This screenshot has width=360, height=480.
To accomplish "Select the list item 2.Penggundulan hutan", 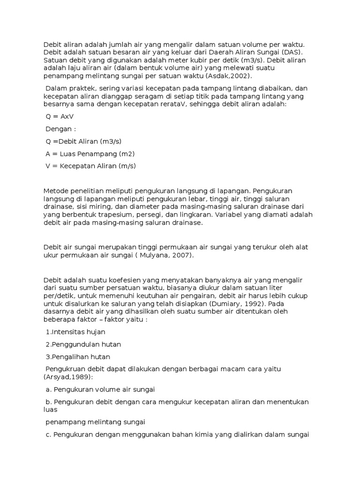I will click(x=83, y=344).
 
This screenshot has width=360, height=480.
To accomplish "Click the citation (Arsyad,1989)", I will click(x=67, y=377).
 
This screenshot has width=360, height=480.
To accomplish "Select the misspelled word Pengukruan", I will click(x=66, y=369).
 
